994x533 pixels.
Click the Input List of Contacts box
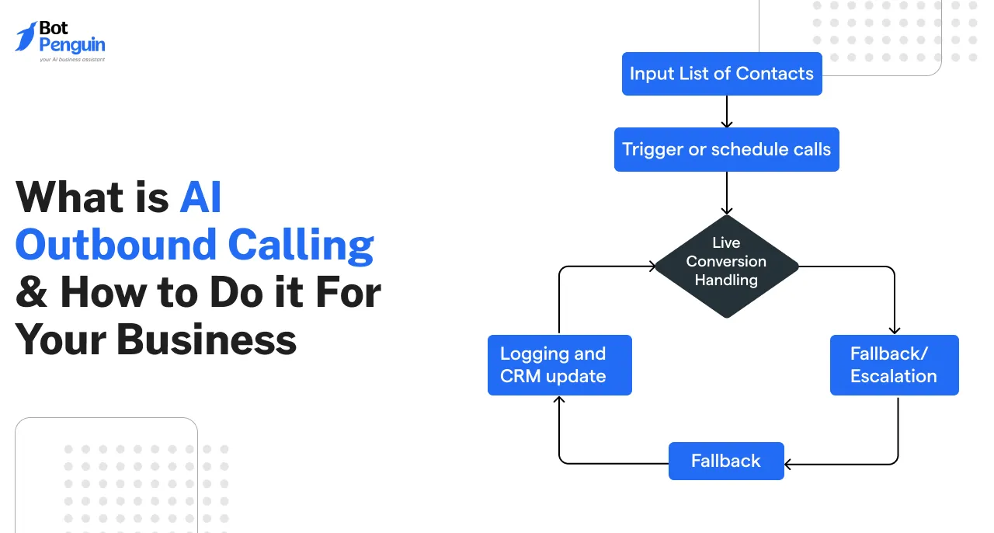coord(721,74)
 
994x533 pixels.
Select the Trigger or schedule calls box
coord(726,149)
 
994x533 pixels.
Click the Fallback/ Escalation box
coord(894,364)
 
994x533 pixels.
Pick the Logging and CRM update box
coord(559,364)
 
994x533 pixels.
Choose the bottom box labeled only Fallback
coord(726,461)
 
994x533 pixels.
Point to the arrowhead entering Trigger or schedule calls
coord(726,124)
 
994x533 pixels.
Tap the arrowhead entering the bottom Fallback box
coord(789,464)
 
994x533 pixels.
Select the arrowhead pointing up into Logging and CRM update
coord(559,399)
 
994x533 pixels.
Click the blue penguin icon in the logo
coord(26,37)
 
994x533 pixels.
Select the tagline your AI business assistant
coord(71,59)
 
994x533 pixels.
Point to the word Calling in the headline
coord(301,245)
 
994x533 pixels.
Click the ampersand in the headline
coord(31,293)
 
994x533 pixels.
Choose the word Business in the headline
coord(207,340)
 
